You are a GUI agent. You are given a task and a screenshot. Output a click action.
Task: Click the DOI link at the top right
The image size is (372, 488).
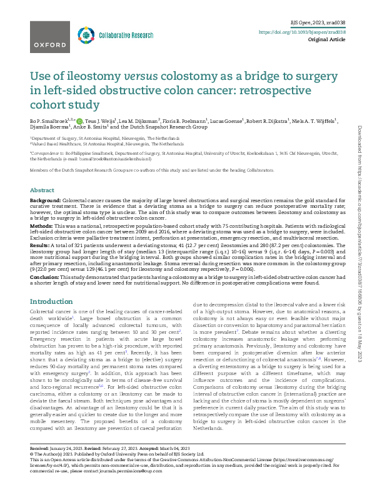tap(302, 31)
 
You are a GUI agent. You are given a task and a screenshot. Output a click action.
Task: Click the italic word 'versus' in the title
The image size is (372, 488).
tap(145, 76)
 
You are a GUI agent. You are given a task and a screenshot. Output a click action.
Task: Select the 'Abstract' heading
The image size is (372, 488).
tap(42, 190)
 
